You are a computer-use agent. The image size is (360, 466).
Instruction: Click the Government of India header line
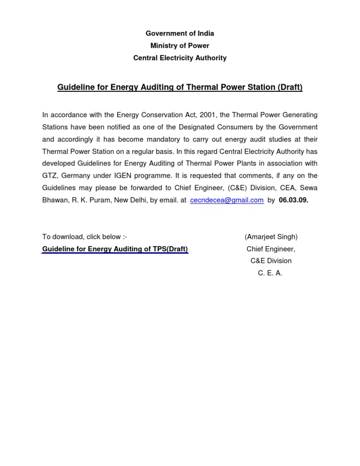[180, 33]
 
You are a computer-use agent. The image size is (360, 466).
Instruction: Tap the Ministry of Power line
[180, 45]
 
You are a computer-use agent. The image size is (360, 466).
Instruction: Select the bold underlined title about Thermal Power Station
[180, 87]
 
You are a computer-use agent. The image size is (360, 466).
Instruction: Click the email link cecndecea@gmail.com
[227, 200]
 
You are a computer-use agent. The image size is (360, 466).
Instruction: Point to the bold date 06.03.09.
[293, 200]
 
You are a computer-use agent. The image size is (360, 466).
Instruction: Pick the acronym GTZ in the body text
[50, 176]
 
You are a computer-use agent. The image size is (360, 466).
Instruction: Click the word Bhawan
[54, 200]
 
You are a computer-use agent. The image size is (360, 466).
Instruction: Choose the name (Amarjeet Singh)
[271, 237]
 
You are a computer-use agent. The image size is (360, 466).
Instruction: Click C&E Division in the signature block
[271, 261]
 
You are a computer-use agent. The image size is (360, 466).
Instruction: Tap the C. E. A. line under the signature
[270, 273]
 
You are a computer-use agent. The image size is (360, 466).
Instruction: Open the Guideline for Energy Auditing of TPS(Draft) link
[115, 249]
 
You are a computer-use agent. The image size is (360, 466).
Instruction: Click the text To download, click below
[85, 237]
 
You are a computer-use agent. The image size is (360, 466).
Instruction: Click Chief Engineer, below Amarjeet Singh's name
[271, 249]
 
